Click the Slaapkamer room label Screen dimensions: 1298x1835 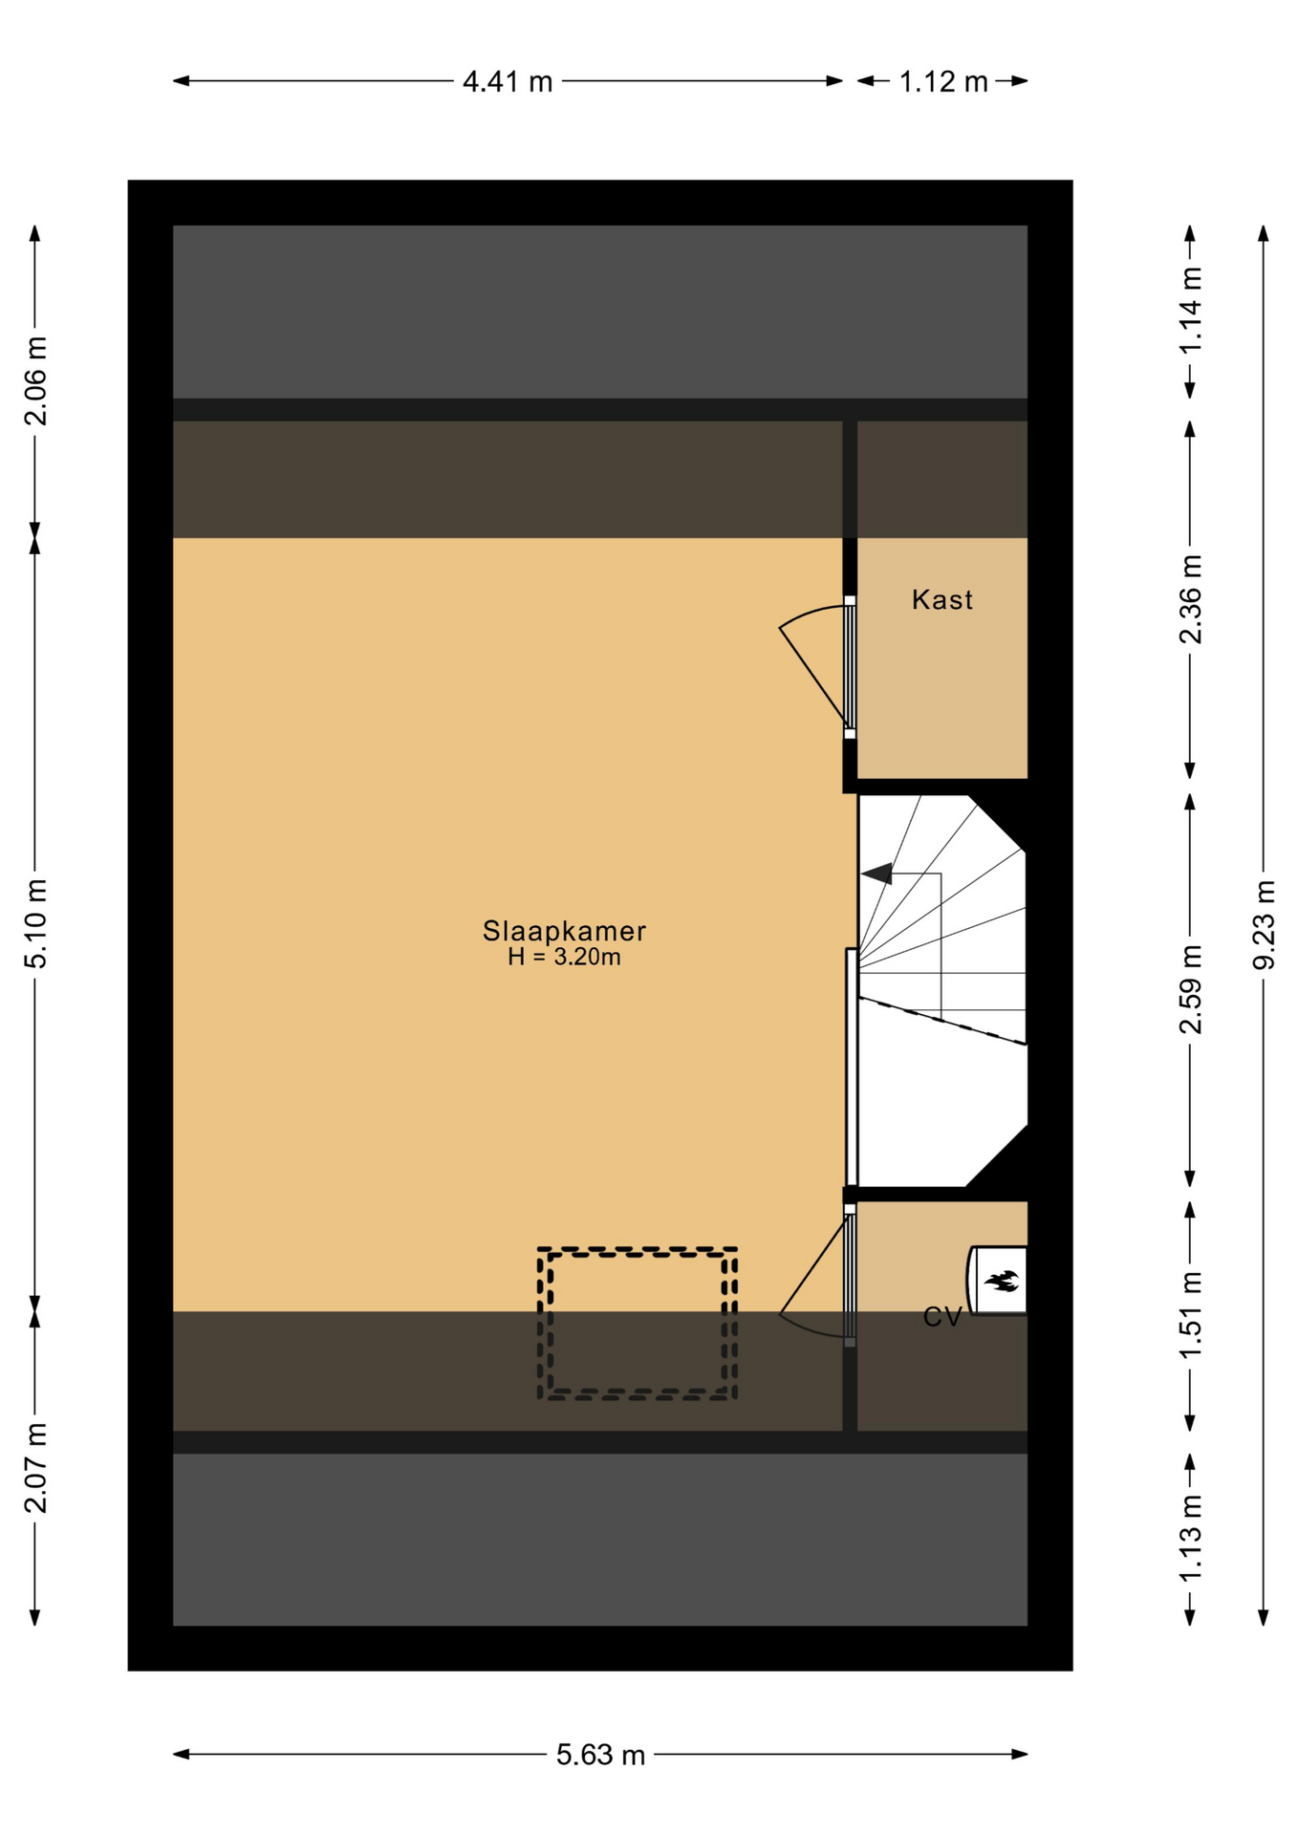[x=564, y=930]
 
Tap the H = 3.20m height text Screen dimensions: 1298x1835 [x=564, y=957]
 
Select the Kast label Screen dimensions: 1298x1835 [x=941, y=599]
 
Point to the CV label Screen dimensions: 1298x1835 [x=942, y=1317]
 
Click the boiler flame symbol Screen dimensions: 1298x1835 [x=1002, y=1281]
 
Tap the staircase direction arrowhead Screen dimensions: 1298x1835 [x=877, y=874]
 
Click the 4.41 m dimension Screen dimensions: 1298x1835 [x=508, y=81]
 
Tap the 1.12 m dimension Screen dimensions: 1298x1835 [x=942, y=81]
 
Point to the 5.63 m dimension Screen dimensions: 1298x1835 [x=600, y=1755]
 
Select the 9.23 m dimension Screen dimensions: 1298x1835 [x=1264, y=925]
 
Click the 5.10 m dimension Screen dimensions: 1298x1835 [x=35, y=923]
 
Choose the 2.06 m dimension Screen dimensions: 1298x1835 [x=35, y=381]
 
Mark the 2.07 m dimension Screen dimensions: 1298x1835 [x=35, y=1468]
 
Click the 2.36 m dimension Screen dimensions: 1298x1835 [x=1190, y=599]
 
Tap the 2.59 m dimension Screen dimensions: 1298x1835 [x=1190, y=989]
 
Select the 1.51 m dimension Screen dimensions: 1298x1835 [x=1190, y=1316]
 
